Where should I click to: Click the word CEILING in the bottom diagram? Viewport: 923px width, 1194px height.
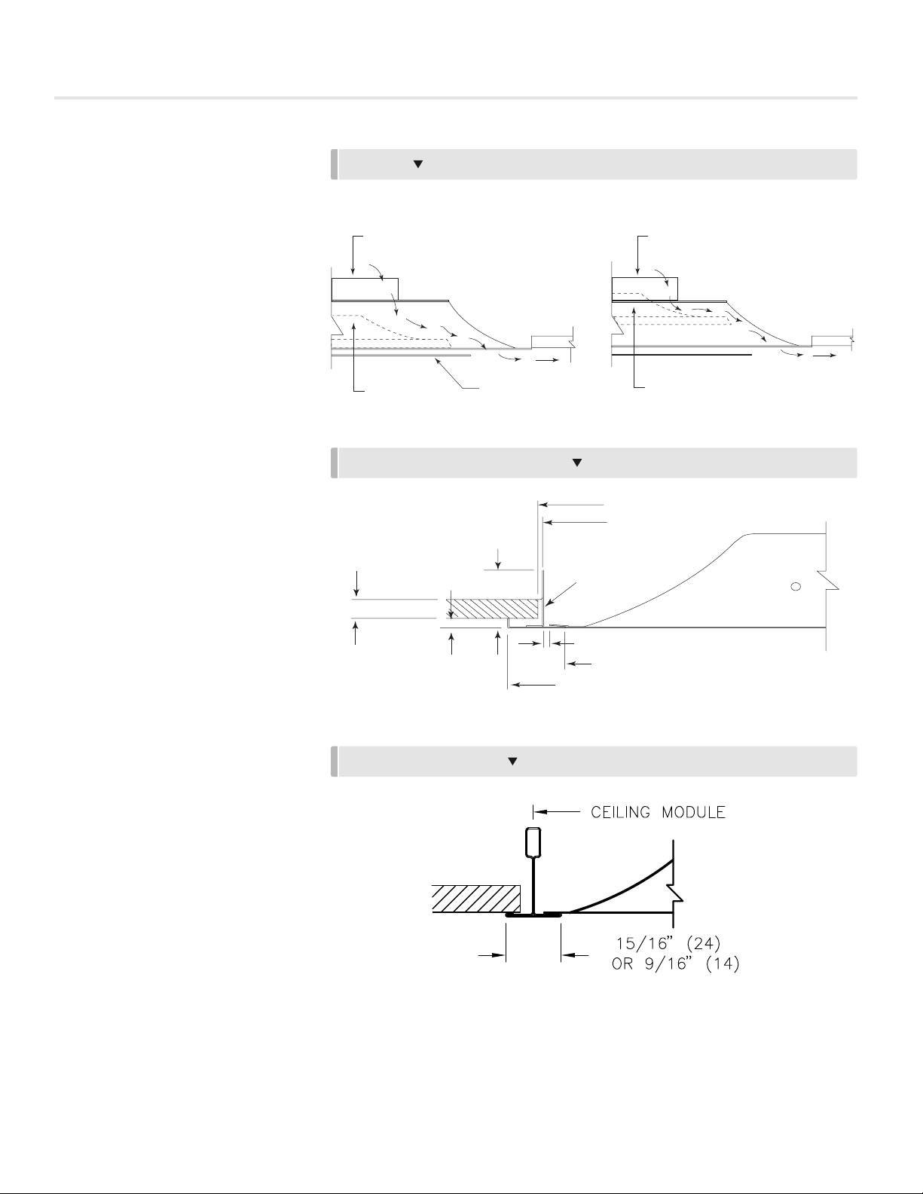[x=620, y=812]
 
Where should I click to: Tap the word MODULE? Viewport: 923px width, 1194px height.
[x=693, y=812]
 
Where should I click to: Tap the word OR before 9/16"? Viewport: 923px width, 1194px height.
[x=622, y=963]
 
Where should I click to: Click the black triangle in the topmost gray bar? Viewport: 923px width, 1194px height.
[x=417, y=163]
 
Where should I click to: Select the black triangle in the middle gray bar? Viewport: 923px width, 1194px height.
[x=577, y=463]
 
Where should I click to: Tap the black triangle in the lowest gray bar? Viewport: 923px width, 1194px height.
[x=512, y=761]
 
